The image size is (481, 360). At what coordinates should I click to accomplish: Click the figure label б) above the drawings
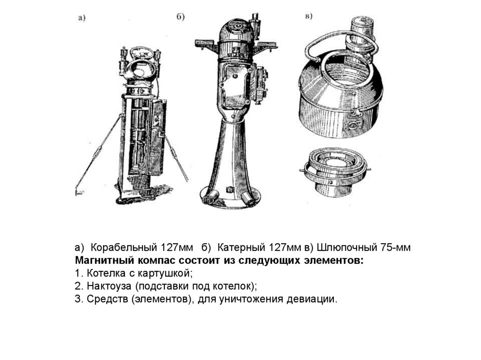(180, 16)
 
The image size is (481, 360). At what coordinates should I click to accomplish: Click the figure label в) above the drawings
(309, 16)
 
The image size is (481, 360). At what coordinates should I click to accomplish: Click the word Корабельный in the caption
(124, 247)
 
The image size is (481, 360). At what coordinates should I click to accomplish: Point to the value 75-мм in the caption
(396, 247)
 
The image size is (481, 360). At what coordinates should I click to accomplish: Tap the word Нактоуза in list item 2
(109, 286)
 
